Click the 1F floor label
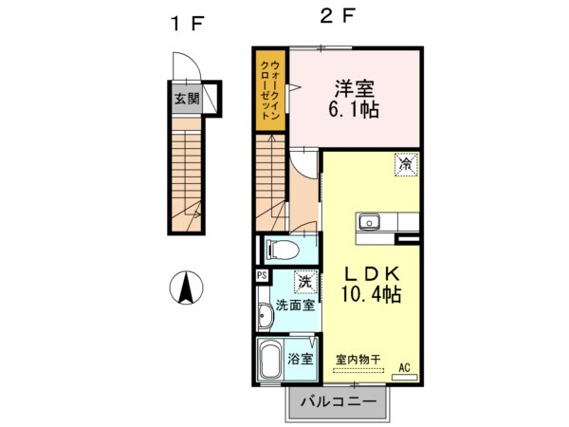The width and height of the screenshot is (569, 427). [x=186, y=24]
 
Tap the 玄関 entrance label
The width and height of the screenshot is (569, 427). [x=186, y=98]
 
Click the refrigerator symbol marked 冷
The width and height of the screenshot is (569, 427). [x=405, y=163]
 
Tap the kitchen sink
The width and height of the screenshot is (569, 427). [x=369, y=222]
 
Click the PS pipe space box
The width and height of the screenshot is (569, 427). [x=262, y=275]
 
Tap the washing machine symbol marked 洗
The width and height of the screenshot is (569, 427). [x=303, y=282]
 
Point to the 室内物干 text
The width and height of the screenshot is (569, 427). [x=358, y=360]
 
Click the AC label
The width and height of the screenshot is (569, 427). [x=404, y=367]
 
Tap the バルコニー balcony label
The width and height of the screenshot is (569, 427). [x=338, y=402]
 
